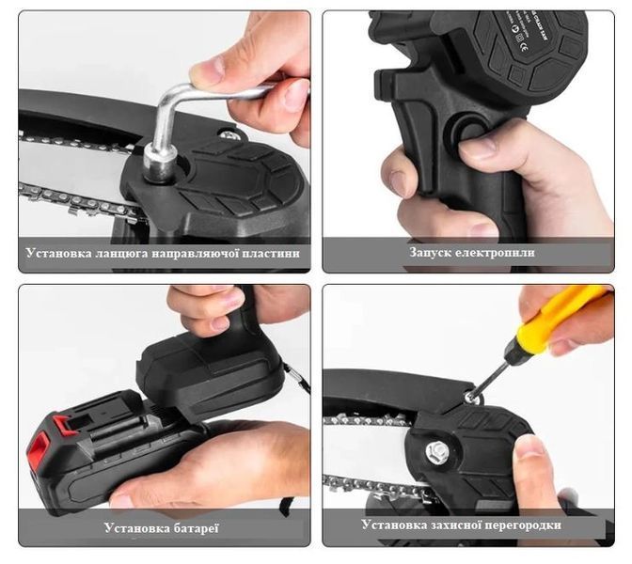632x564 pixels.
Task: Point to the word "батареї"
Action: pyautogui.click(x=196, y=527)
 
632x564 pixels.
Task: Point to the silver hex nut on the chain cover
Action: pyautogui.click(x=437, y=449)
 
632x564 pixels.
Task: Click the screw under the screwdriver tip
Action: pyautogui.click(x=468, y=398)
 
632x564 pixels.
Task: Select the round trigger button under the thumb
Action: pyautogui.click(x=470, y=131)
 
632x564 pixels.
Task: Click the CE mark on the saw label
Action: pyautogui.click(x=523, y=49)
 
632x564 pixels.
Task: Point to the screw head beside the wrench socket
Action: pyautogui.click(x=229, y=135)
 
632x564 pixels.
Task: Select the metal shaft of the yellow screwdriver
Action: pyautogui.click(x=494, y=374)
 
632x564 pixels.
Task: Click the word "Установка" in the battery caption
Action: pyautogui.click(x=137, y=527)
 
